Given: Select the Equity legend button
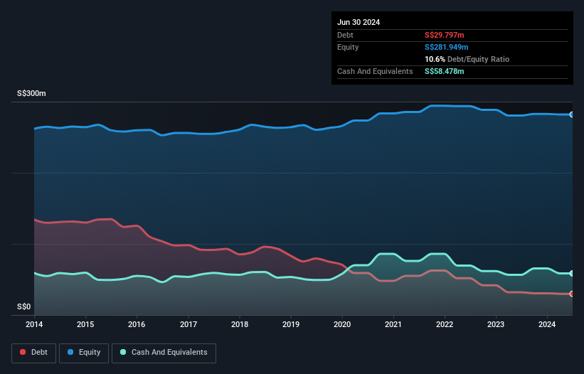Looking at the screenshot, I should click(84, 353).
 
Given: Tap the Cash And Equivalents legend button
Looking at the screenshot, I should click(164, 353).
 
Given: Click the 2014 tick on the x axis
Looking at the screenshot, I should click(34, 325).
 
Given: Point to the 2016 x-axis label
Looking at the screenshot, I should click(137, 325).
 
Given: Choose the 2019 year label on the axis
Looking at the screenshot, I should click(291, 325).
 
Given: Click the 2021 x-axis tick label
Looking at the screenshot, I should click(393, 325).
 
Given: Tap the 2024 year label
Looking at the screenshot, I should click(548, 325).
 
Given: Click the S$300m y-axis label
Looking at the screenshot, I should click(31, 94).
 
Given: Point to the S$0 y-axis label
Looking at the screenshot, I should click(24, 307).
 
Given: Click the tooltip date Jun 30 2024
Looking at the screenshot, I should click(359, 22).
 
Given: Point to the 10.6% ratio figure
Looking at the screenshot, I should click(435, 59).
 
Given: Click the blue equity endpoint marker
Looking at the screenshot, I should click(572, 114).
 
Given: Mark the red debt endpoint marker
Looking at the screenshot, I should click(572, 294).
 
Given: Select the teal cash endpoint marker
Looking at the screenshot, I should click(572, 273).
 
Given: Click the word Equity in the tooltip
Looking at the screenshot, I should click(348, 47).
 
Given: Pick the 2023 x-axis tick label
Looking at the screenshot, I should click(497, 325).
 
